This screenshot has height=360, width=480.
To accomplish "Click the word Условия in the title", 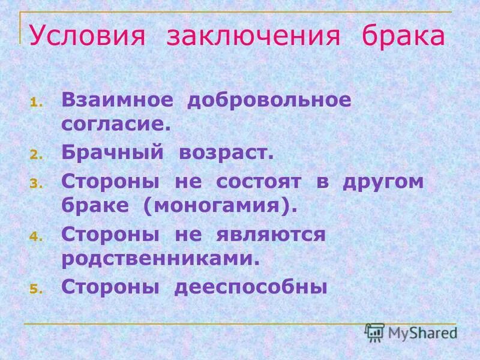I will click(x=87, y=37).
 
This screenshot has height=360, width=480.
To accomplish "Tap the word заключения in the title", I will click(x=254, y=37).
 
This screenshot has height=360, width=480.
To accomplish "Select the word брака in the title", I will click(x=403, y=37).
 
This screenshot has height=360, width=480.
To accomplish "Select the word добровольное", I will click(x=269, y=100).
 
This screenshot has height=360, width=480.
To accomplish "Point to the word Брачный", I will click(x=112, y=152).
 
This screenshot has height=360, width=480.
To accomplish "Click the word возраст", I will click(x=226, y=152).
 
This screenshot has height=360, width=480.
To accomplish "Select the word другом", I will click(x=383, y=182).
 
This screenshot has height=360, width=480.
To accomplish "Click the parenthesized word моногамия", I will click(x=220, y=206).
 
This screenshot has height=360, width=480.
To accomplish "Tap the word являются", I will click(x=271, y=234).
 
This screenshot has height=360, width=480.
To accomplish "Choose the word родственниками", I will click(x=161, y=258).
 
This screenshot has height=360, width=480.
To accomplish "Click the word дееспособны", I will click(x=251, y=287).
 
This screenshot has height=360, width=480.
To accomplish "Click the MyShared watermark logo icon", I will click(x=375, y=332).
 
